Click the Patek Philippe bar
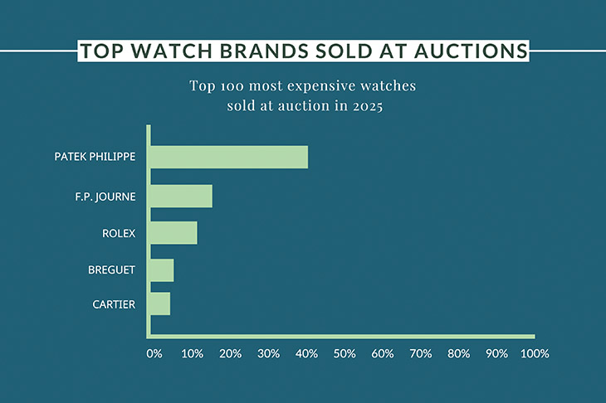click(x=229, y=157)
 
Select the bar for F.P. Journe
click(x=181, y=197)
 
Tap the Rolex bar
click(x=173, y=233)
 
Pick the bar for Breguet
click(x=162, y=270)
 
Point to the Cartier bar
click(x=159, y=303)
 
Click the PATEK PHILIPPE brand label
click(x=95, y=157)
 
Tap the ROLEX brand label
click(x=119, y=233)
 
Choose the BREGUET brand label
click(x=111, y=270)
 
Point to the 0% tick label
click(x=154, y=354)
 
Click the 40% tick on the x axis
click(x=306, y=354)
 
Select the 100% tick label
click(x=535, y=354)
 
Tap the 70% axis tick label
click(x=421, y=354)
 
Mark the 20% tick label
click(x=231, y=354)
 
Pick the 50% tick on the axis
click(x=345, y=354)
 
